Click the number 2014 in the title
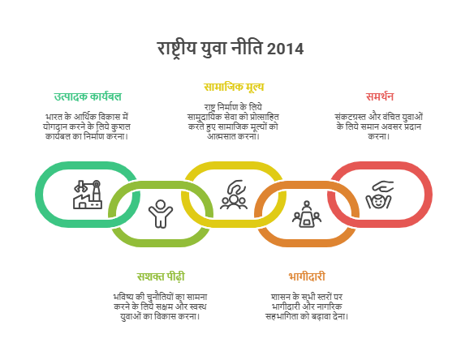tap(285, 49)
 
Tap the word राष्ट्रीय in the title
tap(176, 49)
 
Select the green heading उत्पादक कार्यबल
tap(88, 96)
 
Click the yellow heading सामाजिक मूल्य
tap(234, 87)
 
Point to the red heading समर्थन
tap(380, 96)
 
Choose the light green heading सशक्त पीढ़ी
tap(161, 276)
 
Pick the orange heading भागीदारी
tap(307, 276)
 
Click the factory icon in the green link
tap(88, 195)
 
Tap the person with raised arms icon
tap(161, 214)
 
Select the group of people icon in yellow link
tap(234, 195)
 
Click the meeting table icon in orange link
tap(307, 214)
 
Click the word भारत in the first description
tap(54, 117)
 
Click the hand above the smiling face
tap(383, 186)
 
